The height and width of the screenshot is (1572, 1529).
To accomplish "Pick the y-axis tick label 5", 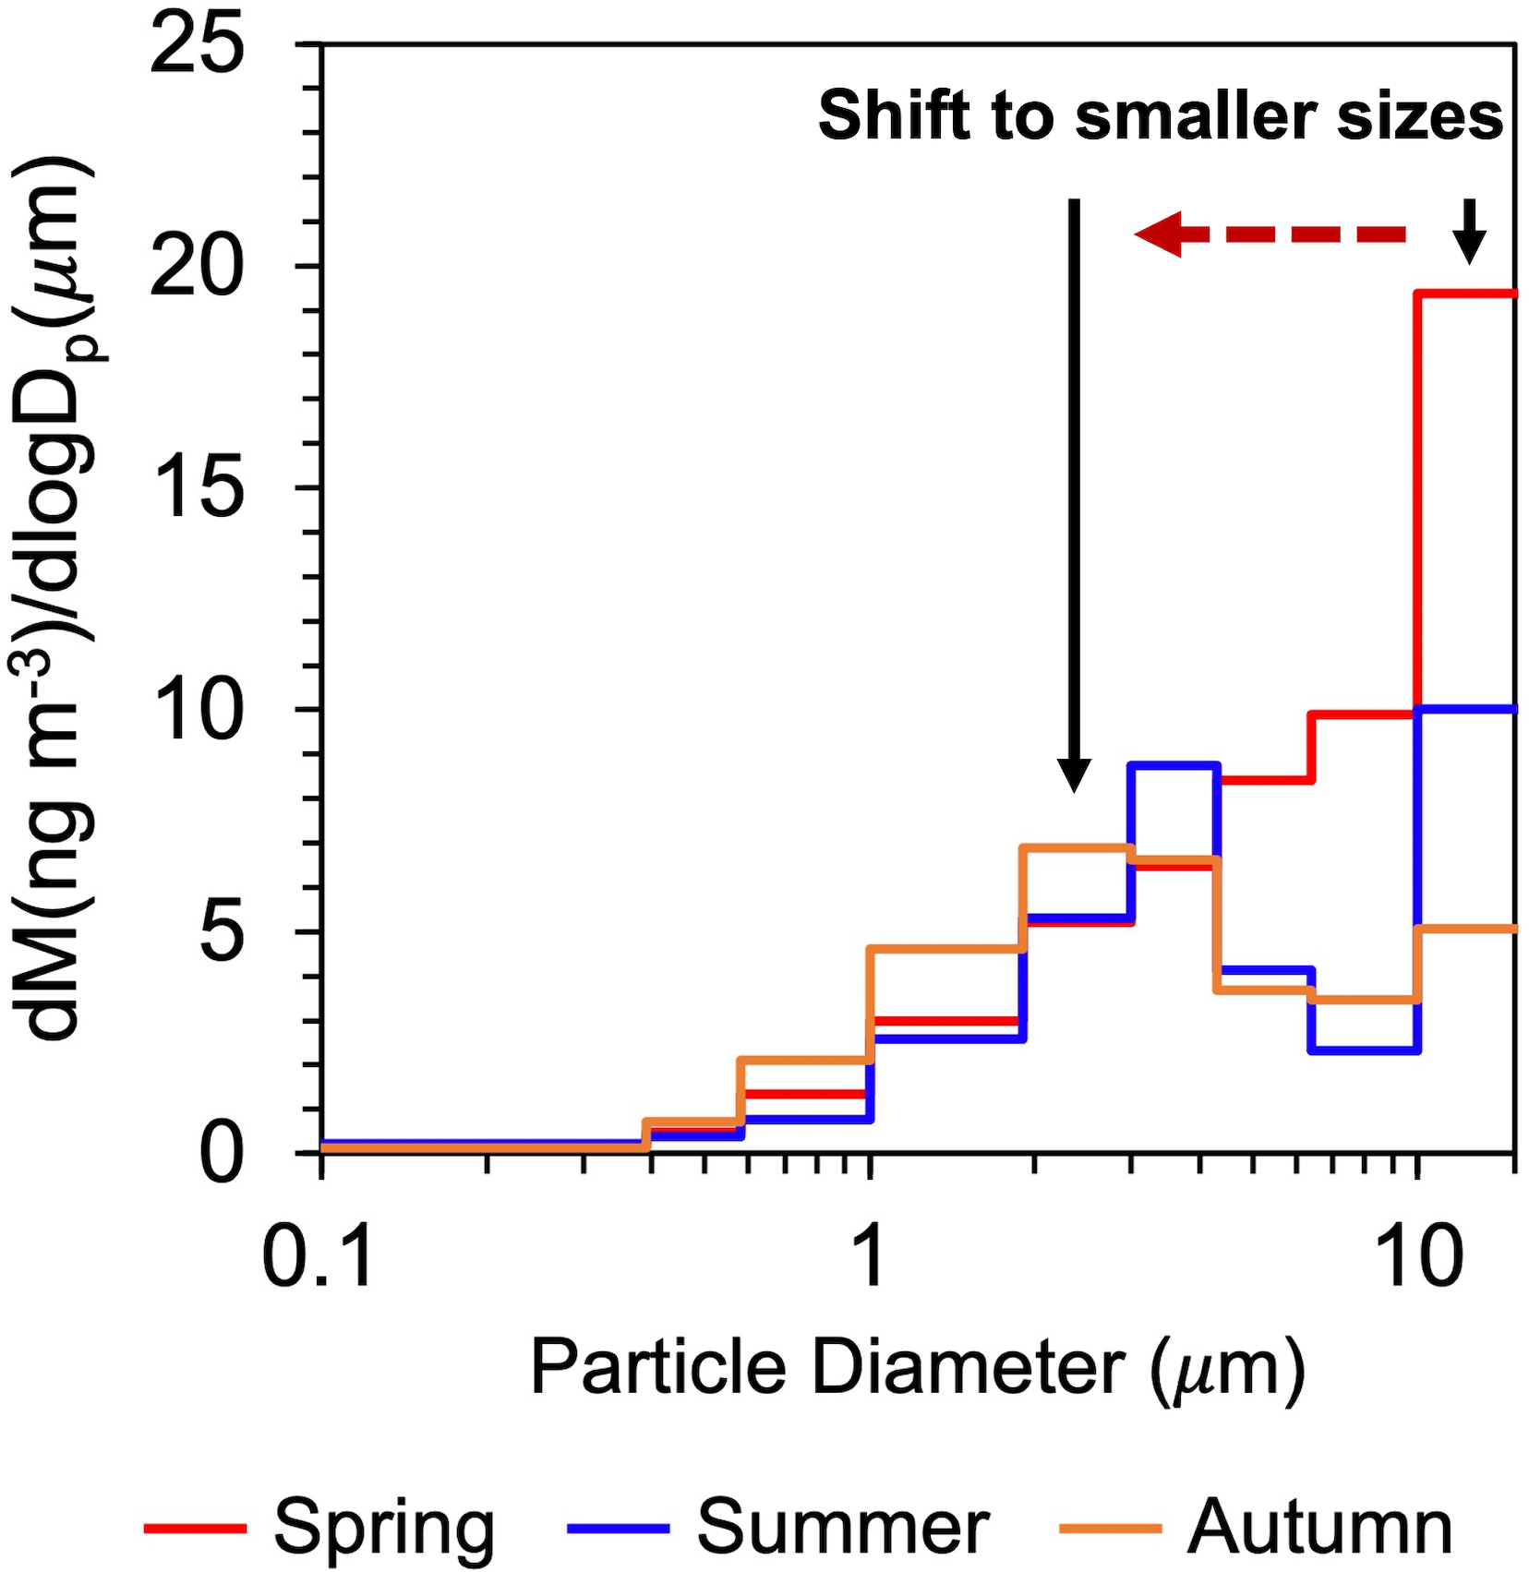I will pyautogui.click(x=222, y=932).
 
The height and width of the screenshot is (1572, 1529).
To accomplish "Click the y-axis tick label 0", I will pyautogui.click(x=222, y=1154).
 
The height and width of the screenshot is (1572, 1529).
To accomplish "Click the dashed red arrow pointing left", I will pyautogui.click(x=1270, y=234).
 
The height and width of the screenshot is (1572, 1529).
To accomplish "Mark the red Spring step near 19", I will pyautogui.click(x=1466, y=294).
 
